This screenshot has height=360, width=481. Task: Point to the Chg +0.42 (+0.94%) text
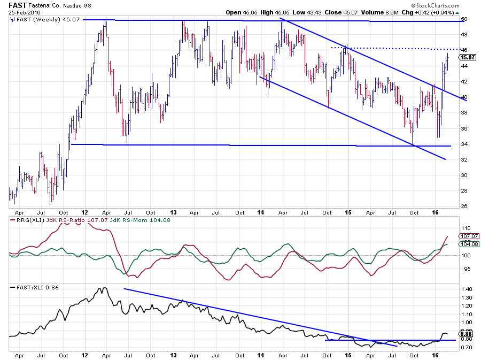coord(423,12)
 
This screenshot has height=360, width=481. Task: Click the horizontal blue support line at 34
coord(257,145)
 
